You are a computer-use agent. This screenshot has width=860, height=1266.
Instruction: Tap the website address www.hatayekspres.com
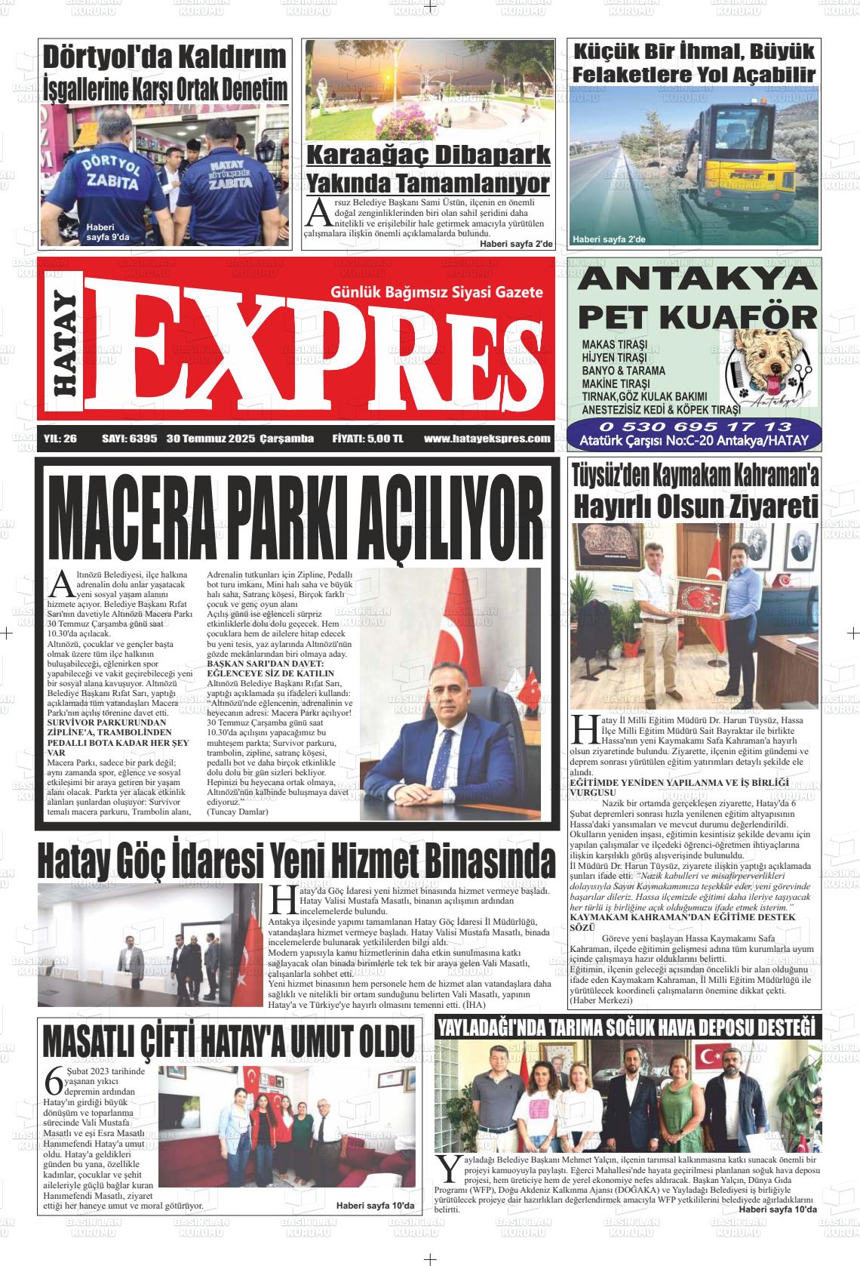(x=487, y=439)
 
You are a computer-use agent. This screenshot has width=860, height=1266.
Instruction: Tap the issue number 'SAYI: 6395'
(x=129, y=439)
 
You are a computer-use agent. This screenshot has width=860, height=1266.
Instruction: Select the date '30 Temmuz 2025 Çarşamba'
(x=240, y=439)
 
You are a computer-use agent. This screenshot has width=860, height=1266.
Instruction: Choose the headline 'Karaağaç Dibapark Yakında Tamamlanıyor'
(x=428, y=169)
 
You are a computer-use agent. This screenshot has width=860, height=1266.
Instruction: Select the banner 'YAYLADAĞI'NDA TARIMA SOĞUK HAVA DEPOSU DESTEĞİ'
(x=628, y=1027)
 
